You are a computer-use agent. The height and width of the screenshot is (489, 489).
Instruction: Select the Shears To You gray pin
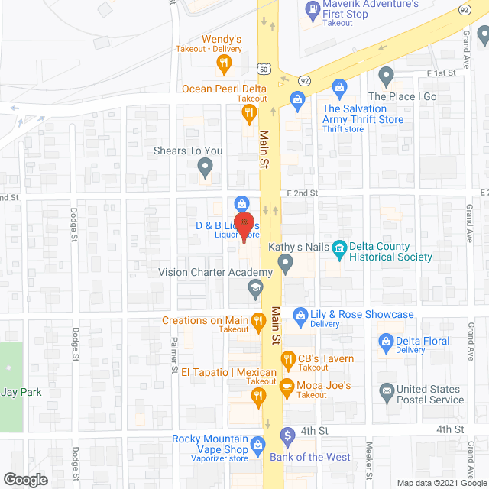pyautogui.click(x=205, y=166)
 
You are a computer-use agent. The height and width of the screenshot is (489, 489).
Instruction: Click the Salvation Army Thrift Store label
pyautogui.click(x=362, y=114)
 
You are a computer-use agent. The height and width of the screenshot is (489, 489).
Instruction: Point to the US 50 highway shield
pyautogui.click(x=264, y=69)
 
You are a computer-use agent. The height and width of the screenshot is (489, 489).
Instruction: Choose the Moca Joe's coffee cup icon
pyautogui.click(x=287, y=385)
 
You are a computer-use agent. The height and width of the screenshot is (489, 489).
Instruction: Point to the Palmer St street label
pyautogui.click(x=175, y=352)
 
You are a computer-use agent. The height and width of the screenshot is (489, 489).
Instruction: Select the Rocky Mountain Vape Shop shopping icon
pyautogui.click(x=258, y=444)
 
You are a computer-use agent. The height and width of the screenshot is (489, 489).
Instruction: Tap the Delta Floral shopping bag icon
pyautogui.click(x=386, y=340)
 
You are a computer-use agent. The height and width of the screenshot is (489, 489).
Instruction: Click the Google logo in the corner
pyautogui.click(x=25, y=479)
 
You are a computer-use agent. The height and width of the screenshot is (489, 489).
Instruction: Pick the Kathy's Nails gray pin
pyautogui.click(x=286, y=264)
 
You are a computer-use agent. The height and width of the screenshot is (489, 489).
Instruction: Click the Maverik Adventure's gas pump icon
pyautogui.click(x=313, y=11)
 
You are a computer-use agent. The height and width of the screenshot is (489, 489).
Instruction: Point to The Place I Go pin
pyautogui.click(x=387, y=76)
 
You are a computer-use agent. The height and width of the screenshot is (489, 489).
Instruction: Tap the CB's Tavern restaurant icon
pyautogui.click(x=287, y=359)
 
